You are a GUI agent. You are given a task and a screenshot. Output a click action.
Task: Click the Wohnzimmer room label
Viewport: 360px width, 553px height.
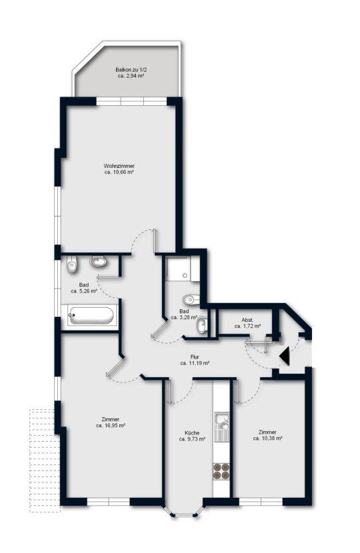click(x=119, y=166)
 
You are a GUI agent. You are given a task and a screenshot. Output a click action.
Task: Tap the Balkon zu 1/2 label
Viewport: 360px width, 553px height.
click(x=131, y=70)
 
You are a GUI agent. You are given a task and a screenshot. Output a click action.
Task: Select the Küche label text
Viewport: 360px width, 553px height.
click(x=192, y=432)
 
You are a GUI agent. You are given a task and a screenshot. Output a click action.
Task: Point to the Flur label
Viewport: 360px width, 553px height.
click(x=195, y=357)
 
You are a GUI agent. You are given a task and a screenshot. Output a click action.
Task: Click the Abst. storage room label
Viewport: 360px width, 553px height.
click(x=247, y=320)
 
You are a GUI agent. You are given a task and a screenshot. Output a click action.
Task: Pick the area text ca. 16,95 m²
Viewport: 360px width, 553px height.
click(x=111, y=426)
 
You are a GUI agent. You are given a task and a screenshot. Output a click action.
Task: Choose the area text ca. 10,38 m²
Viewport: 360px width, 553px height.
click(x=267, y=438)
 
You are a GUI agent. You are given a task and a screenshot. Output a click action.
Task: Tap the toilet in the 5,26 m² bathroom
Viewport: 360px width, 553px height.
click(x=72, y=265)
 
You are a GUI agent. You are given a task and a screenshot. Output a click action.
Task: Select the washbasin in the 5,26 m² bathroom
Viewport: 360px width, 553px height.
click(x=99, y=262)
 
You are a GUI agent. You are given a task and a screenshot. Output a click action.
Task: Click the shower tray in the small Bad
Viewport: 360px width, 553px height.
click(x=179, y=269)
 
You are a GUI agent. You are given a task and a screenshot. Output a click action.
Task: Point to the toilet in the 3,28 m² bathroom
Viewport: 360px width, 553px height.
click(x=191, y=300)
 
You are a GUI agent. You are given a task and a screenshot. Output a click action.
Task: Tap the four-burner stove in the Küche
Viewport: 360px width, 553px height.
click(x=221, y=471)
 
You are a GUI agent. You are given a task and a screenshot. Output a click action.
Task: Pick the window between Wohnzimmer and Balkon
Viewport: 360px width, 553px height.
click(x=131, y=101)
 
